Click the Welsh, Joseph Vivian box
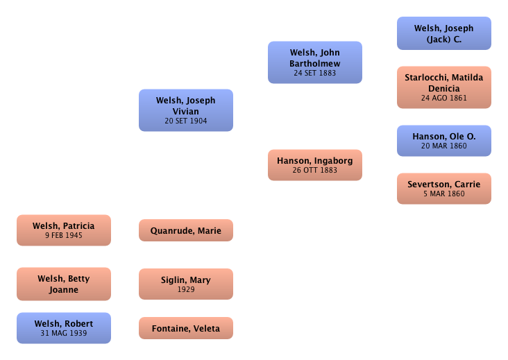click(185, 110)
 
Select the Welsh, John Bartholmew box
click(315, 62)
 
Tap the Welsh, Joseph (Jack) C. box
click(443, 33)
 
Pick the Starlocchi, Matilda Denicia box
click(443, 87)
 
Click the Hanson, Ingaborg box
click(315, 164)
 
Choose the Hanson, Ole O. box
click(443, 141)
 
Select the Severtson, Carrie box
click(443, 188)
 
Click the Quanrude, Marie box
click(185, 230)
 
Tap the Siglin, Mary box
click(185, 284)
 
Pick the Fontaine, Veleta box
click(185, 328)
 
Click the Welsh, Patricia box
click(64, 230)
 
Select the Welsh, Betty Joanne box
click(64, 284)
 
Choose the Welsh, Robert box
click(64, 328)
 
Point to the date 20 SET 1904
click(185, 121)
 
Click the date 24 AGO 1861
click(443, 98)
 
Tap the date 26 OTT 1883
click(315, 170)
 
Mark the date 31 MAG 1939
click(64, 334)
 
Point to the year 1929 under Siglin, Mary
click(185, 290)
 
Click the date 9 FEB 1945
click(64, 236)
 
